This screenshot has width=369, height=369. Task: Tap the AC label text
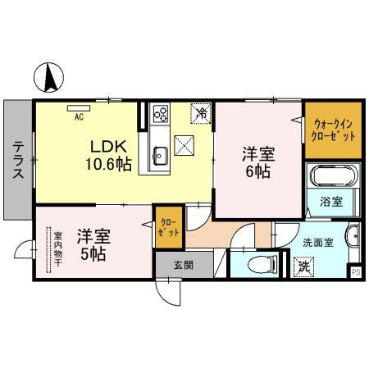(x=79, y=116)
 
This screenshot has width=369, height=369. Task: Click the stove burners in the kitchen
(x=160, y=114)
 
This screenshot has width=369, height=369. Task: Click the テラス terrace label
(x=17, y=160)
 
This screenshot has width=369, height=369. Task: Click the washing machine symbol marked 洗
(x=303, y=265)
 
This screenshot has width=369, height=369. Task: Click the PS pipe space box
(x=356, y=271)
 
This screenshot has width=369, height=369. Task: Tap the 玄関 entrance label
(x=183, y=265)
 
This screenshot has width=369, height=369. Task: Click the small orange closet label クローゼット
(x=167, y=227)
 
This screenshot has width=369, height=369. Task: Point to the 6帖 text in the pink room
(x=257, y=171)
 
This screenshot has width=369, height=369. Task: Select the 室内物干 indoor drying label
(x=57, y=249)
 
